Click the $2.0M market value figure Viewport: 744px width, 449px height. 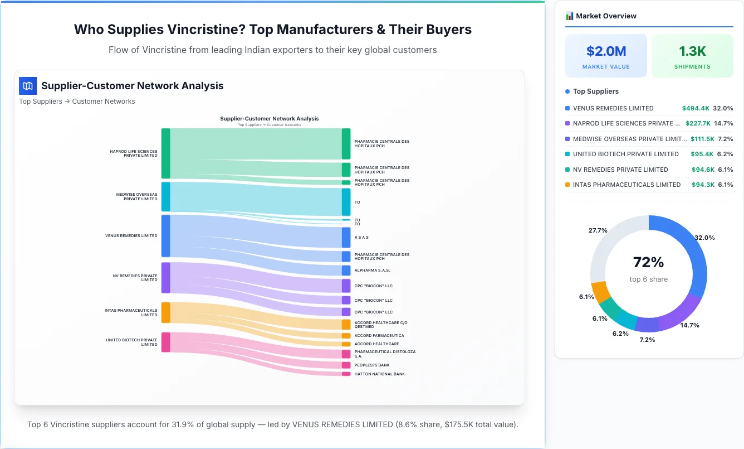606,51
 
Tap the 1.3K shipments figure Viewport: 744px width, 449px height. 692,51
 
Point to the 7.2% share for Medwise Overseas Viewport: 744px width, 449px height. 725,139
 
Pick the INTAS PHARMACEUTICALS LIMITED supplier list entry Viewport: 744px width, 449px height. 626,185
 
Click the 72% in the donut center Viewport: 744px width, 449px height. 648,262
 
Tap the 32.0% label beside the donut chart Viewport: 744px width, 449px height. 704,238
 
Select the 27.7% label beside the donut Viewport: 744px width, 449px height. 598,230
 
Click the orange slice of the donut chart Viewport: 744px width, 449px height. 600,291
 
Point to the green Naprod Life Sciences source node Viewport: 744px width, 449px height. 165,153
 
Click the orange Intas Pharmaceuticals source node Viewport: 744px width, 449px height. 165,312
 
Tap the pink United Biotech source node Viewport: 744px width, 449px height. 165,342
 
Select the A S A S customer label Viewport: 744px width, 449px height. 361,238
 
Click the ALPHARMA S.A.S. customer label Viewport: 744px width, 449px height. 372,271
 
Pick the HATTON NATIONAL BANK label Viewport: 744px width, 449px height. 379,374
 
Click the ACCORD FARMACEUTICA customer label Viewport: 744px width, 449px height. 379,336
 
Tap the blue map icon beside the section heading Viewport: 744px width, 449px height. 27,86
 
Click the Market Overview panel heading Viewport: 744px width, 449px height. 605,16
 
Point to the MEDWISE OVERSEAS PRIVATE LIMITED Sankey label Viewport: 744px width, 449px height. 136,197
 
